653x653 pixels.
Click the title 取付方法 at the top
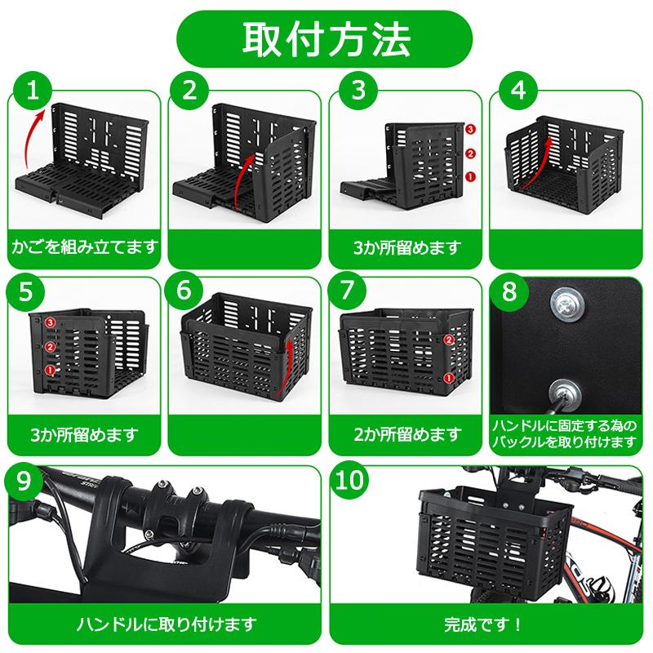(326, 39)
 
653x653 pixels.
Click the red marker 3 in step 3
(470, 129)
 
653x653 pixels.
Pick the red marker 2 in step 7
(449, 340)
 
